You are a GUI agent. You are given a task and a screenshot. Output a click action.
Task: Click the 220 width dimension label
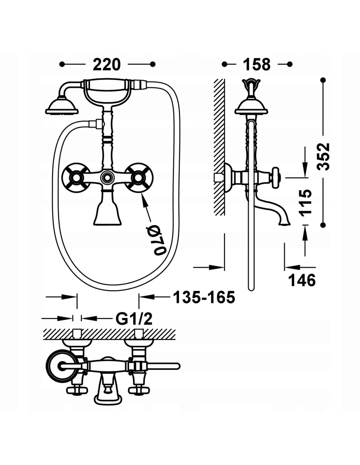[107, 65]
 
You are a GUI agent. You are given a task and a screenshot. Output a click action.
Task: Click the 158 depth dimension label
[257, 65]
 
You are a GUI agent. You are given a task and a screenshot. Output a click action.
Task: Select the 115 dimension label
[305, 202]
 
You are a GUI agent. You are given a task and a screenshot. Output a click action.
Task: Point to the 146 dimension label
[302, 280]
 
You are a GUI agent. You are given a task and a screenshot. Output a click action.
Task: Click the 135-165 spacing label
[204, 297]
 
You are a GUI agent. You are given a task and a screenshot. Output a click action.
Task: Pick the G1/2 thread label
[134, 319]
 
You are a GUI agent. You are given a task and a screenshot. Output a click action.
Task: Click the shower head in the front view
[62, 107]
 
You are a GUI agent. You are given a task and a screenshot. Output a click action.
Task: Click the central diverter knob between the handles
[107, 178]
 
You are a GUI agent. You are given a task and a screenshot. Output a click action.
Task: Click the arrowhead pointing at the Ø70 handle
[143, 198]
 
